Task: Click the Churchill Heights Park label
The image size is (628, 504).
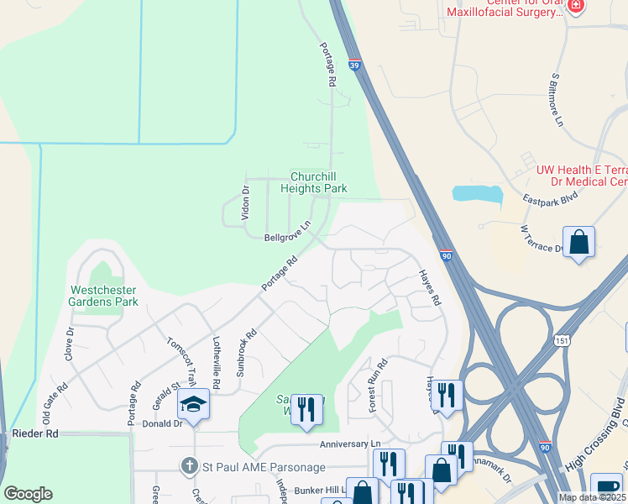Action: point(318,182)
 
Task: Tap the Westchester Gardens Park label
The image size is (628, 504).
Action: point(103,296)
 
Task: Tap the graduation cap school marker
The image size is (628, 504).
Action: point(193,405)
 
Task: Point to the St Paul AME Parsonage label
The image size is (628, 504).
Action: point(245,465)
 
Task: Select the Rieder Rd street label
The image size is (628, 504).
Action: point(35,433)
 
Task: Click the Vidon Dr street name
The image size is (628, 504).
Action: point(246,202)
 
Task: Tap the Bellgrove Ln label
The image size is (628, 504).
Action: point(287,238)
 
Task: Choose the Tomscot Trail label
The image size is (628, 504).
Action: point(181,358)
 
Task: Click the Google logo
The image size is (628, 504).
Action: point(28,494)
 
